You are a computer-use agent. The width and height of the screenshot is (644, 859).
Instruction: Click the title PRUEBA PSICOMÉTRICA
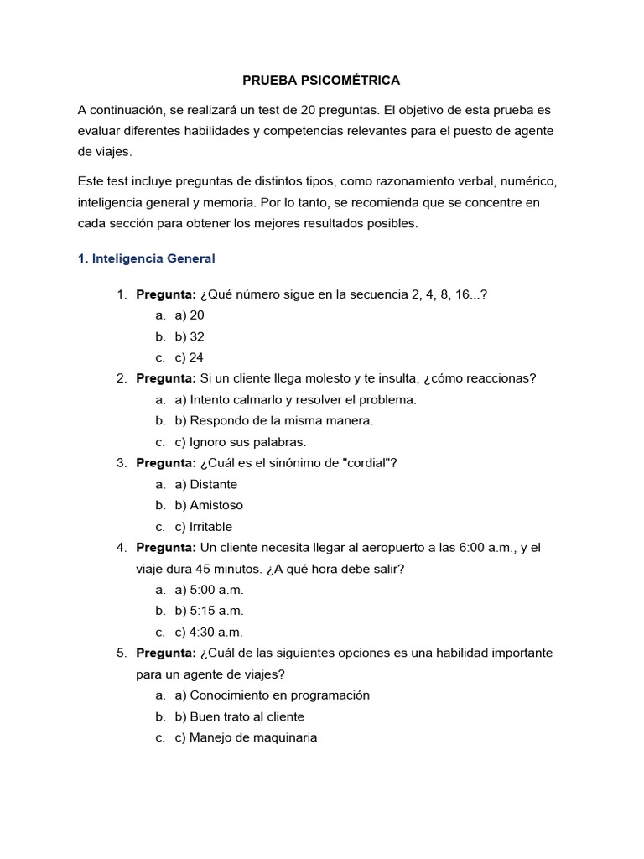[x=321, y=81]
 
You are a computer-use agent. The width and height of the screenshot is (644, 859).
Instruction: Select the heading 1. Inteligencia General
[x=147, y=258]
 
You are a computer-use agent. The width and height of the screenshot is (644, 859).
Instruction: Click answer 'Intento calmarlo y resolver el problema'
[x=295, y=399]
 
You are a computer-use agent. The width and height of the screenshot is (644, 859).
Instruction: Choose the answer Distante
[x=206, y=484]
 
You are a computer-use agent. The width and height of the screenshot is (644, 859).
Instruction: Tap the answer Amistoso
[x=209, y=505]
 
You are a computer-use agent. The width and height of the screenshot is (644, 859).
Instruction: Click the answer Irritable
[x=204, y=527]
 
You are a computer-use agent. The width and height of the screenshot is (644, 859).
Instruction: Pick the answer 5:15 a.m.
[x=210, y=611]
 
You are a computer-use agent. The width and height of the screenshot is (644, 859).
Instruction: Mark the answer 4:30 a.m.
[x=210, y=633]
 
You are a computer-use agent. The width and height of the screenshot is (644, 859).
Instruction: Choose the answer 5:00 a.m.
[x=210, y=590]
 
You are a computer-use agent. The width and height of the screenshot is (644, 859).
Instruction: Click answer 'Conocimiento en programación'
[x=272, y=695]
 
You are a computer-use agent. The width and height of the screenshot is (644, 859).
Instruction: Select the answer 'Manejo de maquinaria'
[x=246, y=738]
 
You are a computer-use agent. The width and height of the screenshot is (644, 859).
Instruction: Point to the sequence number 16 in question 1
[x=461, y=294]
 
